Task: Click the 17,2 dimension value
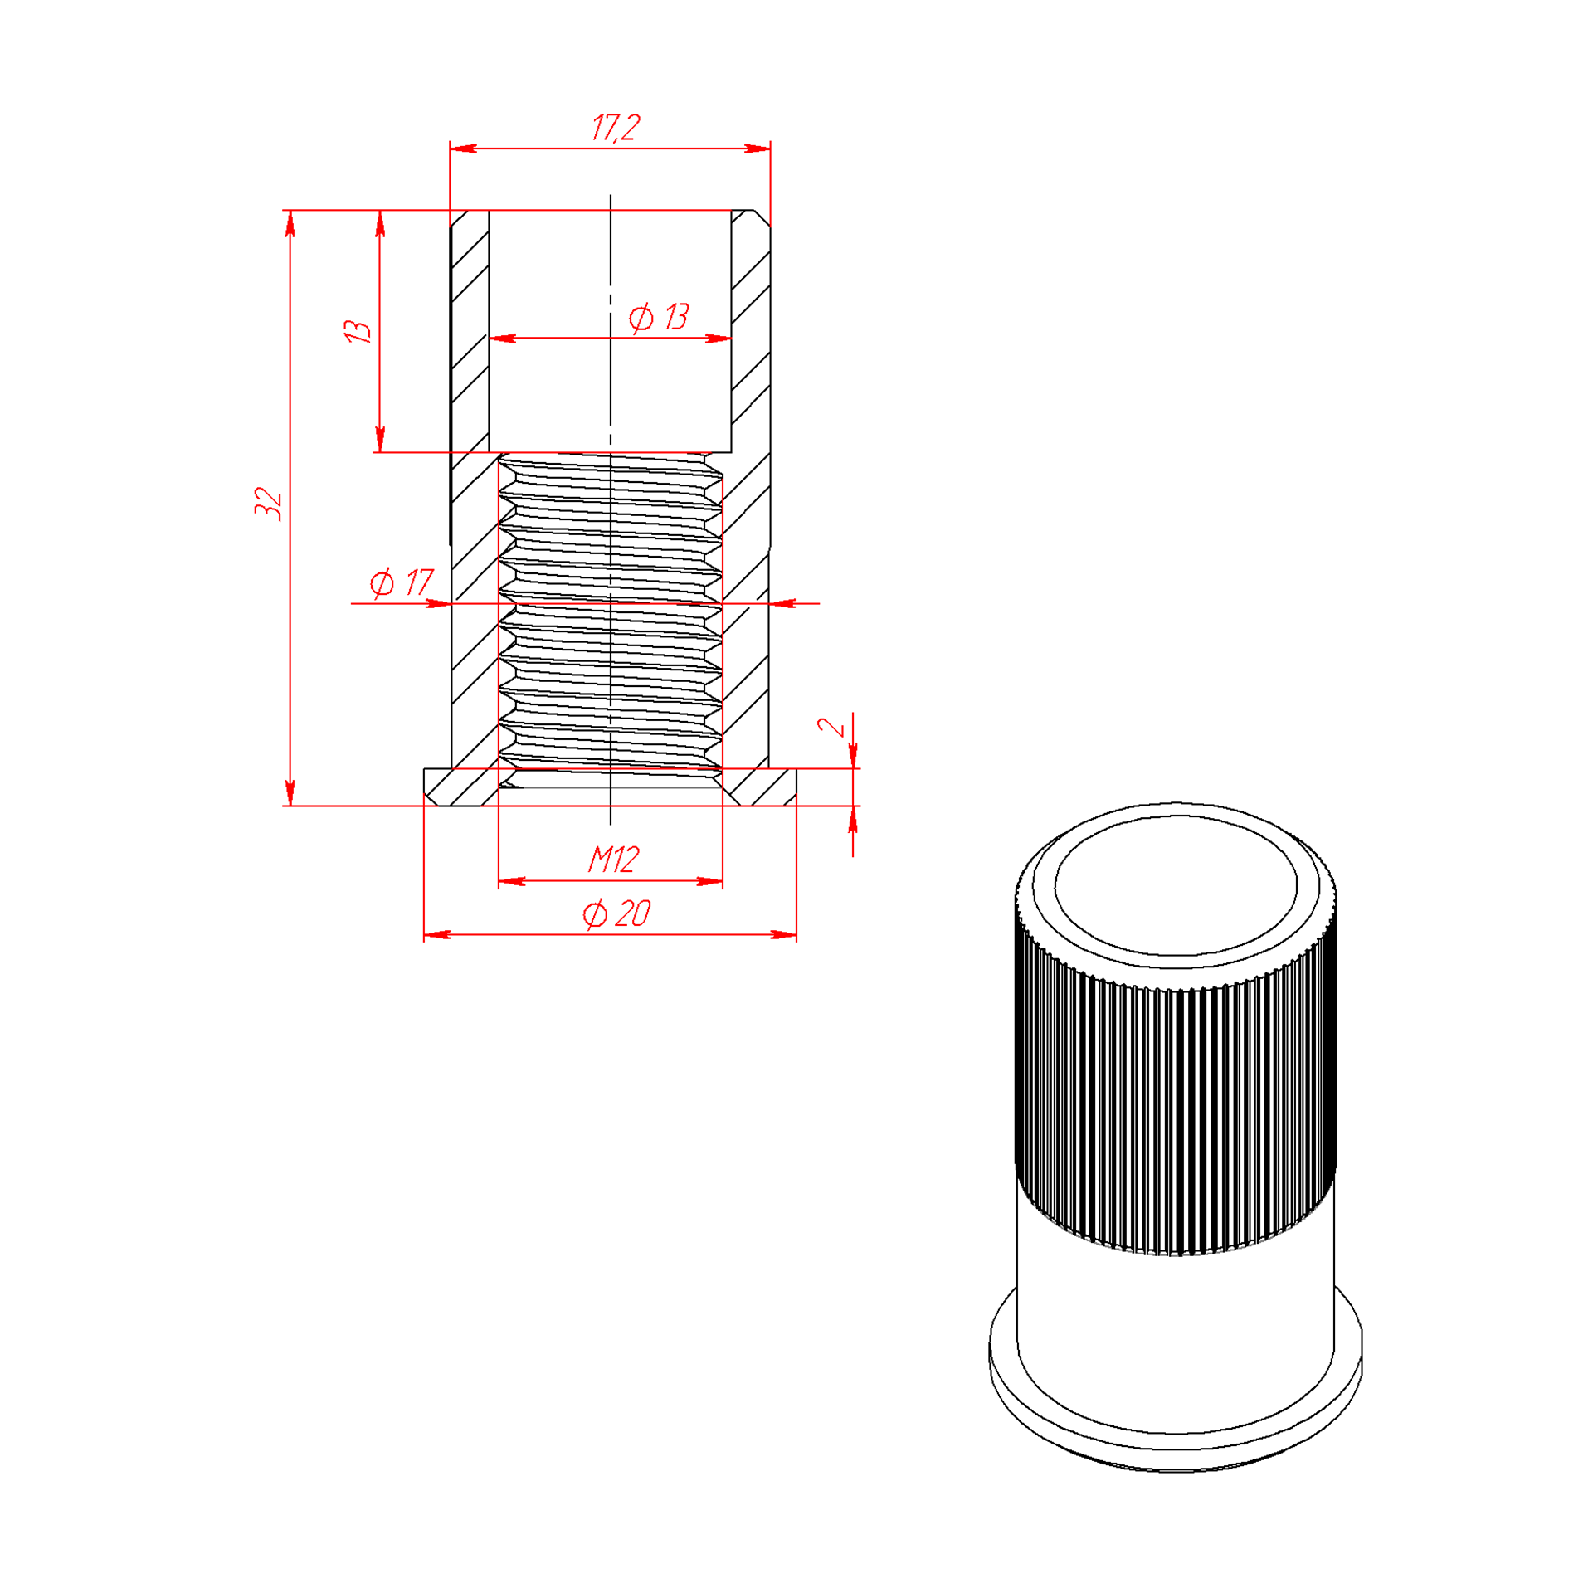(616, 128)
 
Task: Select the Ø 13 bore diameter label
(659, 317)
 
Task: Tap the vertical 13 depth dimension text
(358, 331)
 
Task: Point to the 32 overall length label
(268, 504)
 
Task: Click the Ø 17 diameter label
(402, 582)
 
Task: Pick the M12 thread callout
(613, 860)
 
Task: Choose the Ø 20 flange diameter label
(616, 914)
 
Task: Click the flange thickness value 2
(831, 726)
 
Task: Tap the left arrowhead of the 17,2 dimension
(463, 149)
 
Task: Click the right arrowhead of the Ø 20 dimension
(783, 935)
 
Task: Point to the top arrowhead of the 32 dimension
(290, 223)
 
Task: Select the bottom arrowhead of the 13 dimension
(380, 439)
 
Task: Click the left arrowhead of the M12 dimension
(512, 881)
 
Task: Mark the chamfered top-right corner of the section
(762, 219)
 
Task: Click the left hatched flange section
(461, 787)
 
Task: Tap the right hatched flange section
(759, 787)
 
